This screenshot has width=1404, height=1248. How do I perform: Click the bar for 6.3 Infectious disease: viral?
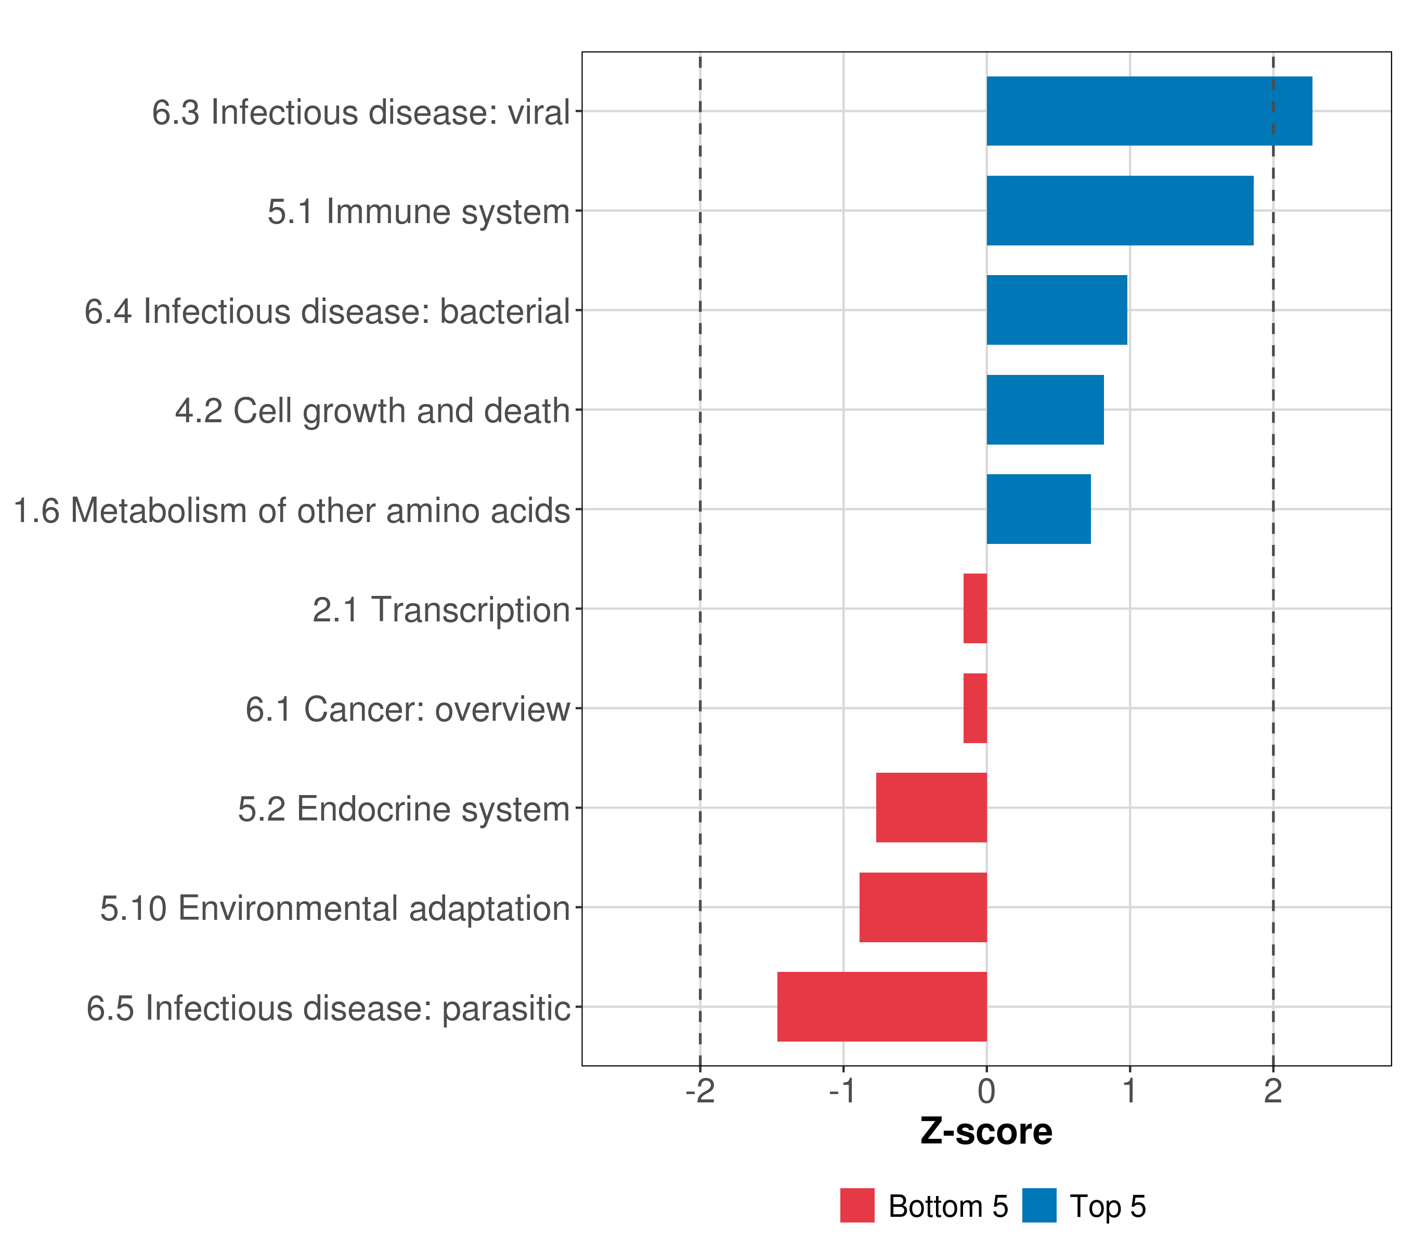click(x=1149, y=111)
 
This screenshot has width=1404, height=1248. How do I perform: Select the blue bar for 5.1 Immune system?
click(x=1120, y=211)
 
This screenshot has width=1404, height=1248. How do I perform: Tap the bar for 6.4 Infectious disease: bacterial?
click(x=1057, y=310)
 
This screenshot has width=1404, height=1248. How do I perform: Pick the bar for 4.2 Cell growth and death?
click(x=1045, y=410)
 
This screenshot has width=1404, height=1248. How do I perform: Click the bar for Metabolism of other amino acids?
click(x=1038, y=509)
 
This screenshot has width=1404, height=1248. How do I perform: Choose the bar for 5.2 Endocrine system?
click(x=931, y=808)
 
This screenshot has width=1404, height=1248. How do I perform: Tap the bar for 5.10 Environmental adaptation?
click(x=922, y=907)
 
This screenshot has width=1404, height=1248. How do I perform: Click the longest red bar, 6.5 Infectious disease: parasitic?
click(x=881, y=1007)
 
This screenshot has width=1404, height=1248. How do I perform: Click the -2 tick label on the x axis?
click(x=700, y=1091)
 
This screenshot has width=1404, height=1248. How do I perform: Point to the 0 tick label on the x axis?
click(x=986, y=1091)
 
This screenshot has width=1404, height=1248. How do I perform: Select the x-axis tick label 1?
click(x=1129, y=1091)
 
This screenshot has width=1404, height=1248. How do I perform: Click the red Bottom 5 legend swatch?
click(x=857, y=1205)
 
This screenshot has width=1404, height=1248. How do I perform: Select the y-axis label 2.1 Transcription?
click(x=441, y=610)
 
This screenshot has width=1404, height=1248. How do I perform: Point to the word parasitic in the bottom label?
click(x=506, y=1009)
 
